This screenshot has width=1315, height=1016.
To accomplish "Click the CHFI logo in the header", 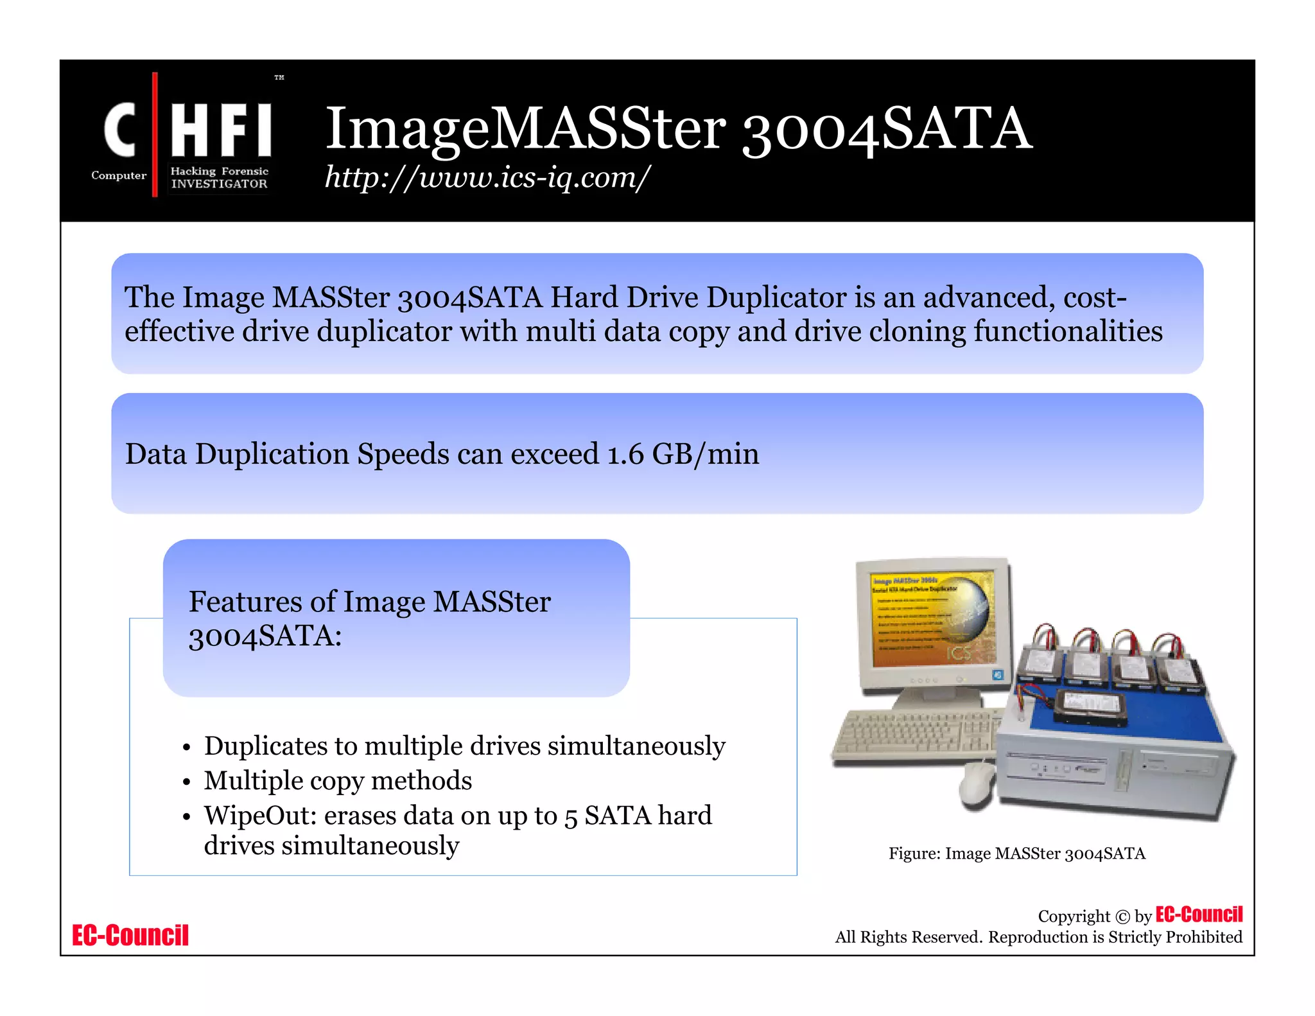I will tap(186, 135).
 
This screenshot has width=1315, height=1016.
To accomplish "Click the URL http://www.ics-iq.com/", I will tap(487, 177).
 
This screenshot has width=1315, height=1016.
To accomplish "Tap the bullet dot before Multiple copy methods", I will tap(186, 782).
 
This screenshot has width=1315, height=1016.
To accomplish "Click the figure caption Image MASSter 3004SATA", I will tap(1016, 854).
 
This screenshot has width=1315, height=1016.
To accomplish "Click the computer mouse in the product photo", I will tap(977, 784).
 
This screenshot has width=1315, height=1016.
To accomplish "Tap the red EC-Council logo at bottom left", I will tap(130, 935).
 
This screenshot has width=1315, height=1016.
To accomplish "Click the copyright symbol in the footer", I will tap(1122, 916).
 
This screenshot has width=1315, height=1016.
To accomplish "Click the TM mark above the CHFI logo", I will tap(279, 77).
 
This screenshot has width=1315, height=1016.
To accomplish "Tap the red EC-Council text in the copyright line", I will tap(1199, 914).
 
